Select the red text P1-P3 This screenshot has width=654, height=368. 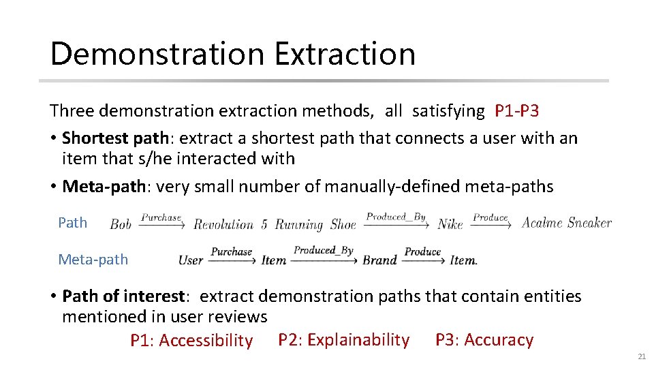(516, 110)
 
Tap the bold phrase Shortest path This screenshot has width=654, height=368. (115, 138)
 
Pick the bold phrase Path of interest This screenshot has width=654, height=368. (123, 296)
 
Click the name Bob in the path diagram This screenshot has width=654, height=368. (121, 224)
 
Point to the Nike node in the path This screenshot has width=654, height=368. (450, 224)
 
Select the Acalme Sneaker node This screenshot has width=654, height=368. (566, 223)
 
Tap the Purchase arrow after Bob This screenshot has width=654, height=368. (162, 220)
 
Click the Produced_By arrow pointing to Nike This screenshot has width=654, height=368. (396, 219)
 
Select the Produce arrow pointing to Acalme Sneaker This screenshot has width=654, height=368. (491, 220)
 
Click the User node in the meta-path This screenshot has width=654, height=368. (191, 260)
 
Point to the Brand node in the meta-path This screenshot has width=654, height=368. (379, 260)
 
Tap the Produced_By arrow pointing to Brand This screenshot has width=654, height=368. (324, 254)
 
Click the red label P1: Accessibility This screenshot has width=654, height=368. (191, 341)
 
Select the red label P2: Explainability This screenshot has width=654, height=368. (344, 339)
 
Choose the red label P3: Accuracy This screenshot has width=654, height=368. (484, 339)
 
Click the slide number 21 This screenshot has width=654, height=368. (641, 356)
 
